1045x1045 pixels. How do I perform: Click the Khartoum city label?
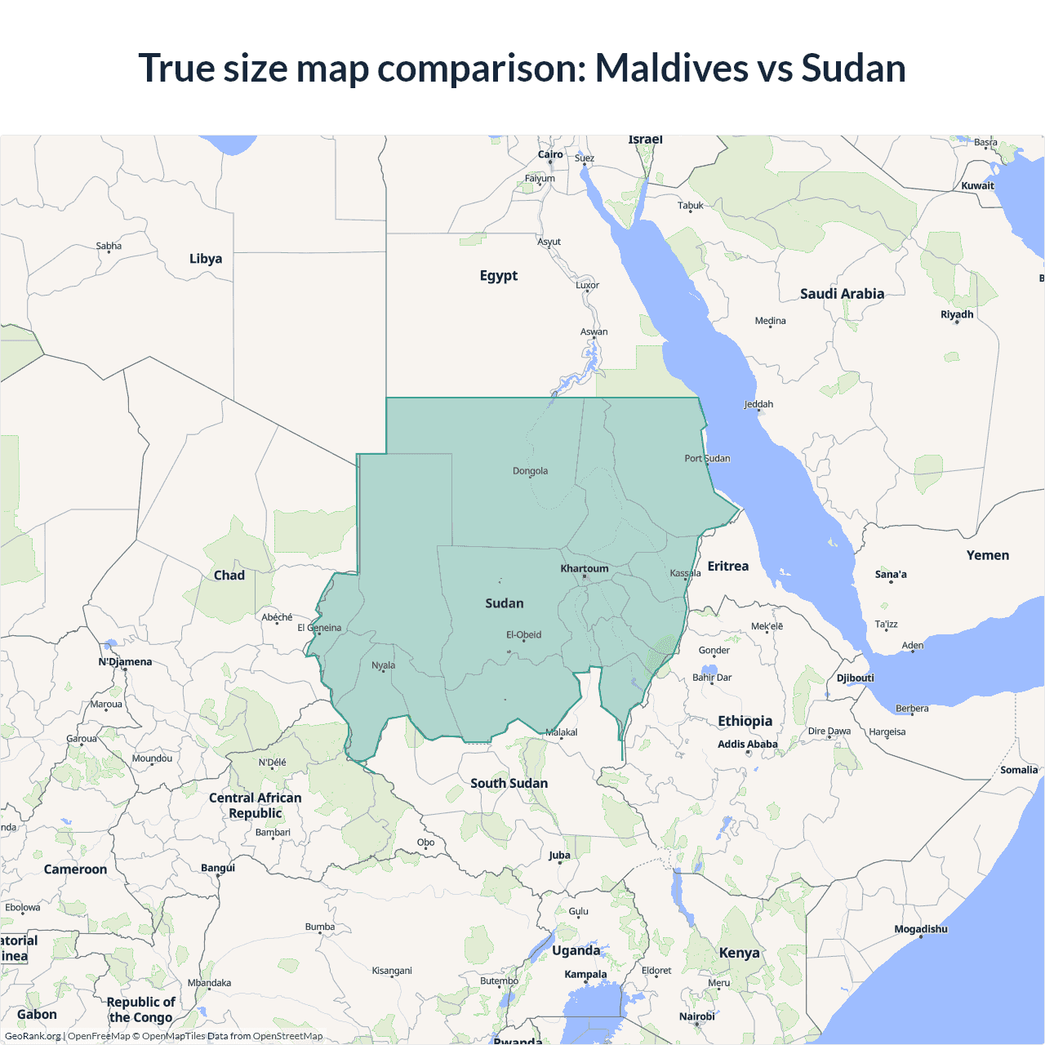pyautogui.click(x=585, y=568)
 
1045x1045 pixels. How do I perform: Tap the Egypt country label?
pyautogui.click(x=499, y=276)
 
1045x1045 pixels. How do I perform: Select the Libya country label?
pyautogui.click(x=206, y=259)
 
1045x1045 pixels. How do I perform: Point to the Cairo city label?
pyautogui.click(x=550, y=154)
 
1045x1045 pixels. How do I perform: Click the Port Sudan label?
pyautogui.click(x=707, y=458)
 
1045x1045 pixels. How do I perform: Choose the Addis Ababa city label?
pyautogui.click(x=747, y=744)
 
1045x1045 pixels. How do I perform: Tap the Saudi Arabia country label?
pyautogui.click(x=842, y=294)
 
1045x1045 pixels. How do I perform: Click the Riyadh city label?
pyautogui.click(x=957, y=314)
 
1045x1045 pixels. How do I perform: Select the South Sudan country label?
pyautogui.click(x=509, y=783)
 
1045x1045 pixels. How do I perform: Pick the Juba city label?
pyautogui.click(x=559, y=856)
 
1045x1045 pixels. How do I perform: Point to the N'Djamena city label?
pyautogui.click(x=125, y=661)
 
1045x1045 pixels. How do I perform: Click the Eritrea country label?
pyautogui.click(x=727, y=566)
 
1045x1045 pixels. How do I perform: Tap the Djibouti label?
pyautogui.click(x=855, y=678)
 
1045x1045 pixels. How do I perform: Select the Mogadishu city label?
pyautogui.click(x=921, y=929)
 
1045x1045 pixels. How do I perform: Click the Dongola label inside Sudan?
pyautogui.click(x=530, y=471)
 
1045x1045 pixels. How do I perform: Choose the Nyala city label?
pyautogui.click(x=383, y=665)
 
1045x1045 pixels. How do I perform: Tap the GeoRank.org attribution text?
pyautogui.click(x=33, y=1036)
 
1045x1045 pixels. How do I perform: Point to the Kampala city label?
pyautogui.click(x=585, y=974)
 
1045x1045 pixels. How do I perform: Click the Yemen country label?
pyautogui.click(x=987, y=555)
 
